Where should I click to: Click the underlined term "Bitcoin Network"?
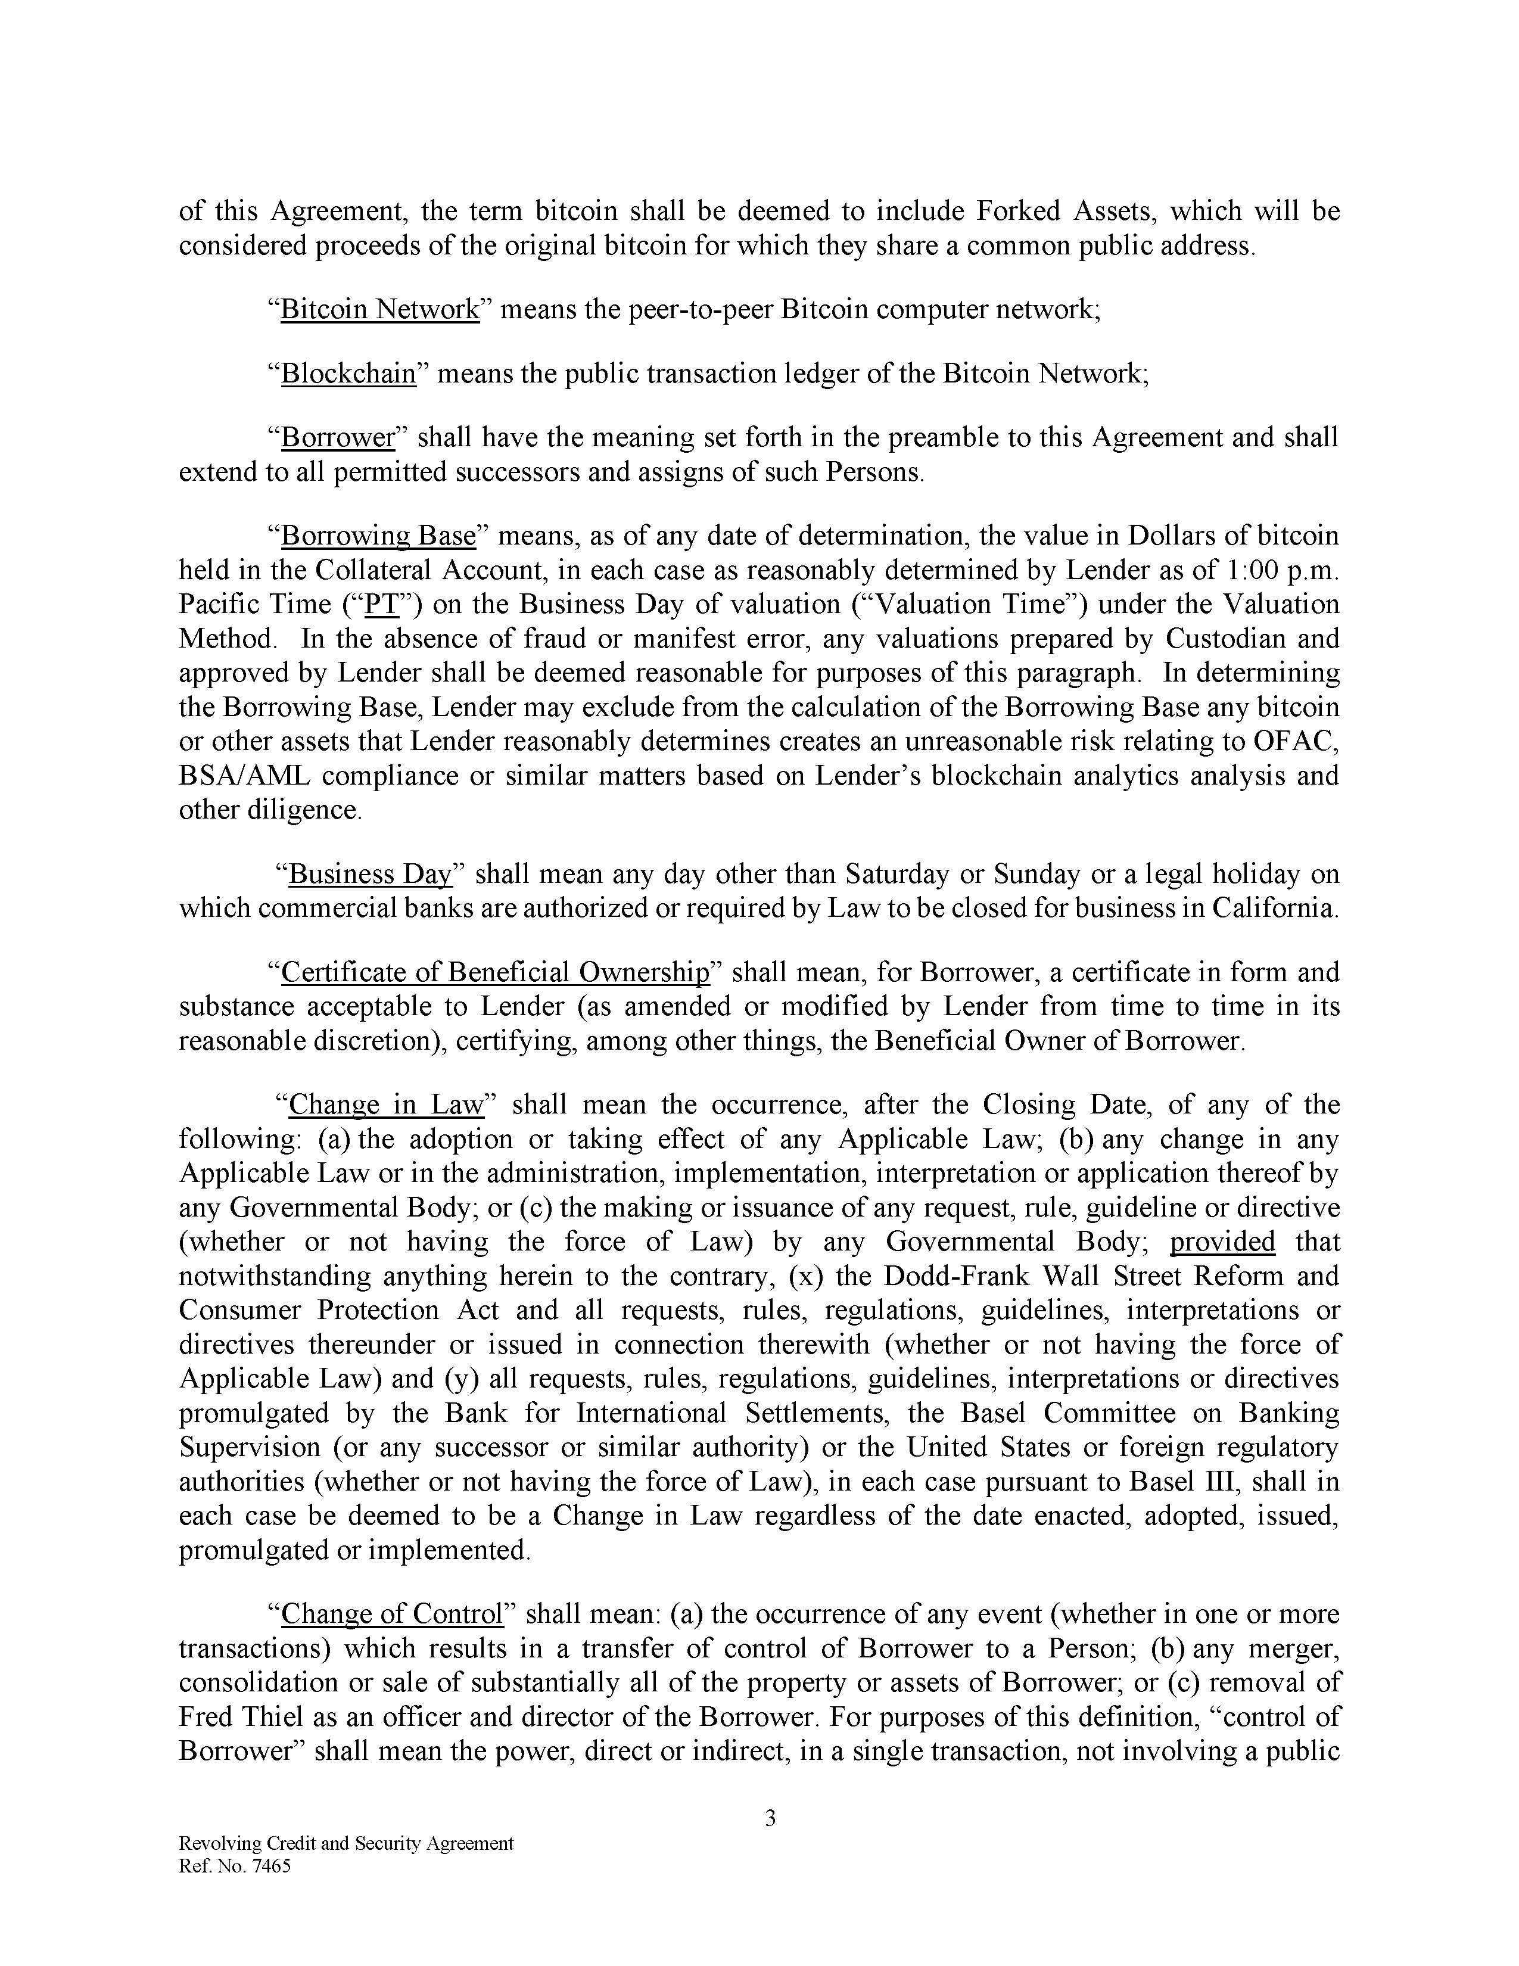pos(380,310)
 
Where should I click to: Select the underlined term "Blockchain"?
pos(348,374)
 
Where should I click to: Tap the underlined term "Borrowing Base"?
pos(378,537)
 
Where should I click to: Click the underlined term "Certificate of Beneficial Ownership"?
pos(496,972)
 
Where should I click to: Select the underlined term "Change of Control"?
pos(391,1614)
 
